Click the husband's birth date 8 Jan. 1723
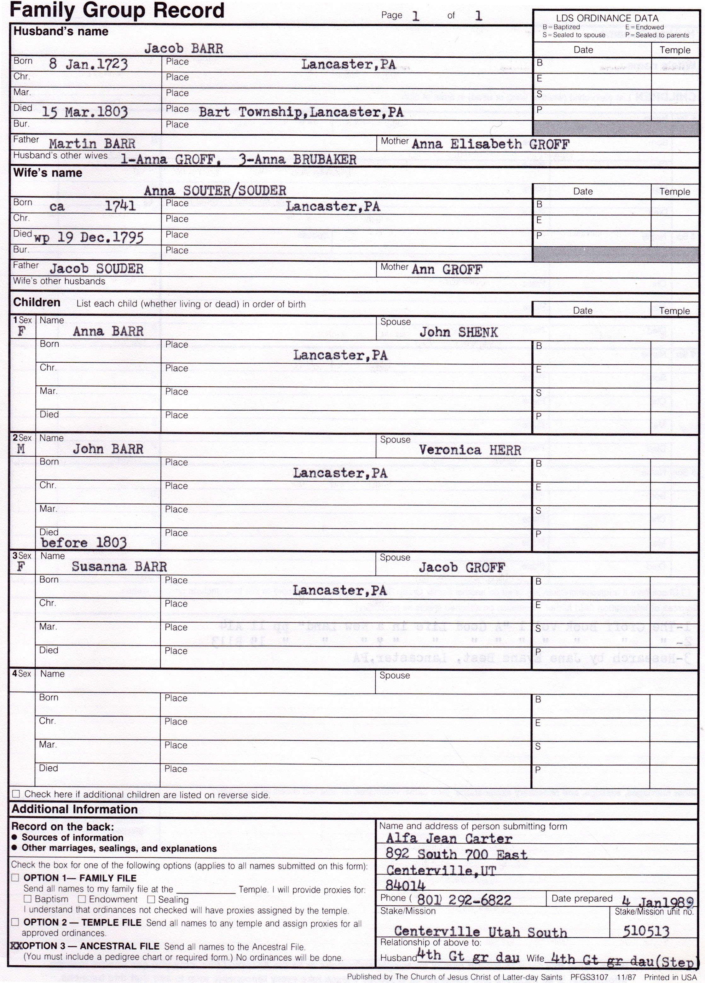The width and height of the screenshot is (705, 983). [88, 65]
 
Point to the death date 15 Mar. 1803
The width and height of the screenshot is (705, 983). [84, 112]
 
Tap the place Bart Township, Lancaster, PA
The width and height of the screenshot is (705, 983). [301, 112]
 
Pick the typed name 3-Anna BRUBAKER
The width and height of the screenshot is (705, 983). [297, 160]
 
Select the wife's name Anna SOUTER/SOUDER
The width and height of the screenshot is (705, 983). [215, 191]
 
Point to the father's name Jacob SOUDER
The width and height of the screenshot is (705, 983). [96, 269]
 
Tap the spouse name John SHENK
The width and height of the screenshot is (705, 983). [458, 333]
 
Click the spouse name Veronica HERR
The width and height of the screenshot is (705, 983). [470, 450]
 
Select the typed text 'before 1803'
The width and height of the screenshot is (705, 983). [84, 543]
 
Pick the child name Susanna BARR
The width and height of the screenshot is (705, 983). [119, 567]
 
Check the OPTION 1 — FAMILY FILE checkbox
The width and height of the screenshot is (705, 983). [15, 878]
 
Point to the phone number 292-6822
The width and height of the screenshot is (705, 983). [479, 901]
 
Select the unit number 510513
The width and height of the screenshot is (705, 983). [646, 931]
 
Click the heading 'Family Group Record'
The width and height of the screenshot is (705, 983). [117, 10]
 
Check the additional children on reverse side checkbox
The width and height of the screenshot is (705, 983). [16, 794]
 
